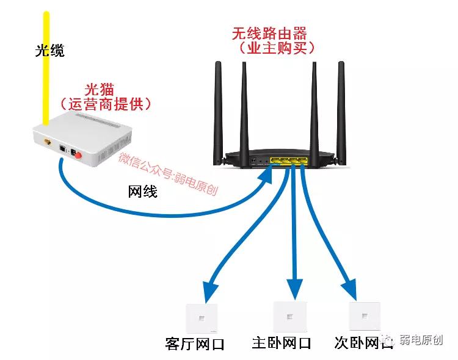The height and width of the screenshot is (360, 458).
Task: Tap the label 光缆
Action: point(49,51)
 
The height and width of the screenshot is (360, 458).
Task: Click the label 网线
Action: point(142,192)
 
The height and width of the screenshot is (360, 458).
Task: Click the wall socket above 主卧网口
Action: point(288,316)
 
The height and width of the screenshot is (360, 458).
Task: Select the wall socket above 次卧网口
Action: point(364,316)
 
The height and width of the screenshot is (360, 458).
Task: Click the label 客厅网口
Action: point(195,344)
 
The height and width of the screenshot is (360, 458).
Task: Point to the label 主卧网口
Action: point(282,343)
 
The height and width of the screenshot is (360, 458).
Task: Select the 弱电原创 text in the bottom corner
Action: point(421,340)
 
